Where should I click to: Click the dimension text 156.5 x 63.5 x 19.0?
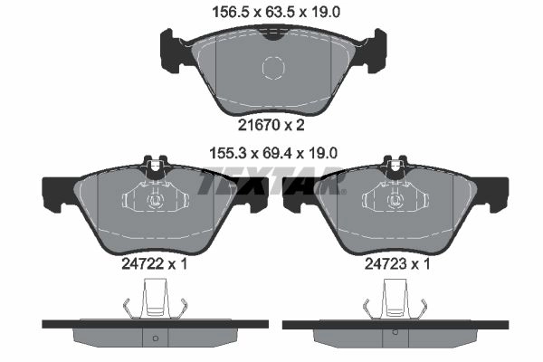[276, 13]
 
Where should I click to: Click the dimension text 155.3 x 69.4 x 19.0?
[273, 153]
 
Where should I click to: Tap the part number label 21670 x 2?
[271, 125]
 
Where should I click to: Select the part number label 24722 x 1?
[155, 264]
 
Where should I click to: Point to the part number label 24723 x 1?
[397, 264]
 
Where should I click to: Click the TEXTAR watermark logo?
[271, 182]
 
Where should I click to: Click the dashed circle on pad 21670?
[273, 67]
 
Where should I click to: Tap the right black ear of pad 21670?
[372, 51]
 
